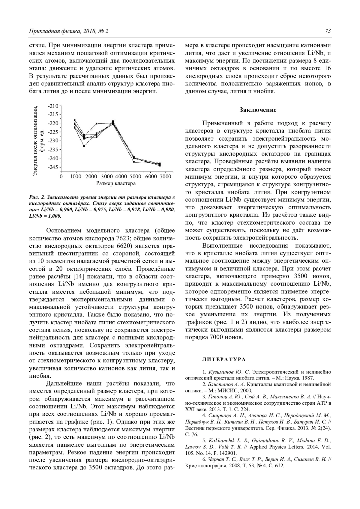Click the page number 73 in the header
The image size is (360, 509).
coord(328,31)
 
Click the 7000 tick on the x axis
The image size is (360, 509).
coord(166,177)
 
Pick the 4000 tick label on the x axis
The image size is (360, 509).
coord(121,177)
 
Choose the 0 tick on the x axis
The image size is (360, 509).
coord(61,177)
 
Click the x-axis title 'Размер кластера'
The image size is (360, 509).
coord(115,183)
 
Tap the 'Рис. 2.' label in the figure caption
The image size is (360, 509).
coord(37,198)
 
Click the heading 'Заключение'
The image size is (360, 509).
coord(258,110)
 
